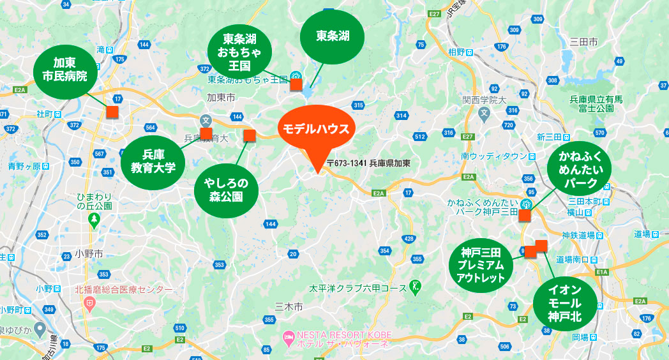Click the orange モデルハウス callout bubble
[316, 129]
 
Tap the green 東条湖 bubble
[332, 36]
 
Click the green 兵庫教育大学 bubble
[153, 162]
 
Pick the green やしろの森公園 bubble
[226, 190]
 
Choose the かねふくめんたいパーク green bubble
[579, 170]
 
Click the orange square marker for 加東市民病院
[112, 112]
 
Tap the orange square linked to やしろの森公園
[250, 135]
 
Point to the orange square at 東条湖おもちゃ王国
[296, 84]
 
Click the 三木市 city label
[289, 307]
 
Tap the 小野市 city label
[89, 253]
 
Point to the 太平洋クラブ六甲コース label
[357, 289]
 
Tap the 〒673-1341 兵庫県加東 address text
[368, 163]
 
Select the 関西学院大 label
[485, 100]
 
